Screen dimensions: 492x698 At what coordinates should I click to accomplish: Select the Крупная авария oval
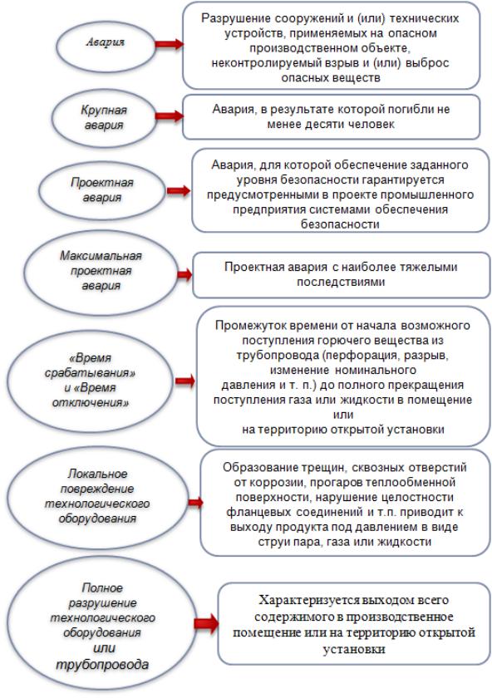[x=104, y=118]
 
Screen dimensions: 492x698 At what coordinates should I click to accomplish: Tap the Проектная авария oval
[x=102, y=190]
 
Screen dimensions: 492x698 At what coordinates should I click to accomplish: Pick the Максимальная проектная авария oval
[x=101, y=271]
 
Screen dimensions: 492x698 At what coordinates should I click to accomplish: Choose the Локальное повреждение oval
[x=97, y=497]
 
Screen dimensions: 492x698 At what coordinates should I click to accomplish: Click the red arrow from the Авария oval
[x=170, y=44]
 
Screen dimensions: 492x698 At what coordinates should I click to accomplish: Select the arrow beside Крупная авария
[x=170, y=116]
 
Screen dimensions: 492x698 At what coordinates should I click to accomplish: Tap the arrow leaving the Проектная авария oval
[x=179, y=191]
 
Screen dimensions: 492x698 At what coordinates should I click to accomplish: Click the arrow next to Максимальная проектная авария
[x=184, y=274]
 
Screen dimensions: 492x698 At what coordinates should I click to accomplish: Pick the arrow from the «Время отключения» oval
[x=185, y=381]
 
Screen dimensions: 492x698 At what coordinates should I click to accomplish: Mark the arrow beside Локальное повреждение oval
[x=195, y=503]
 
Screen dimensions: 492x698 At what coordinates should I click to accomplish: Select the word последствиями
[x=341, y=283]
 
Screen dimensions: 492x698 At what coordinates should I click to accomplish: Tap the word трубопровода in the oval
[x=102, y=665]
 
